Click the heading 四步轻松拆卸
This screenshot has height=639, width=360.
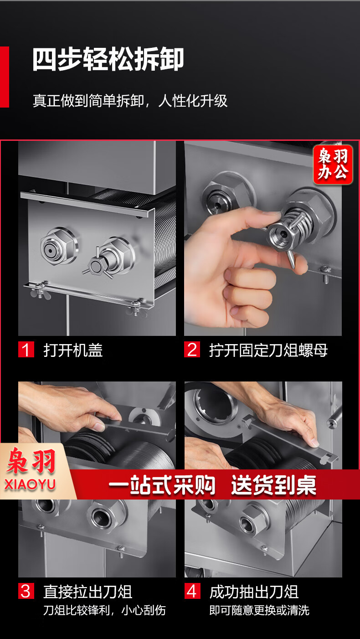108,59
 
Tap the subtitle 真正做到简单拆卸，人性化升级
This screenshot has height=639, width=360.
130,101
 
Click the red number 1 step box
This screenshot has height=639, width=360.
26,350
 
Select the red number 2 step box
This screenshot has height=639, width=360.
192,350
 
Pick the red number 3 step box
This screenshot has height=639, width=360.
26,591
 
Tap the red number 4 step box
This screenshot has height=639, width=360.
192,591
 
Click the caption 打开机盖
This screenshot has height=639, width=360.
73,350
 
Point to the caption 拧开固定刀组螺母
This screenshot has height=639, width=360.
268,350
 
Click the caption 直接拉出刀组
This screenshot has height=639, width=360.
87,592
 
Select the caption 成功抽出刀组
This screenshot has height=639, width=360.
254,592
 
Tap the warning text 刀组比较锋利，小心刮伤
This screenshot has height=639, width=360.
104,610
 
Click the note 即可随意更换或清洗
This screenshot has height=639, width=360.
259,610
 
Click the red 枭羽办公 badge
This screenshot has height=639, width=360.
333,165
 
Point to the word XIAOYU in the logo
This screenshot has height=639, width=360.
30,484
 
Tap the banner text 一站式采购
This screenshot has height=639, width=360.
162,484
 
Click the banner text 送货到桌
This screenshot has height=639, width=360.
274,484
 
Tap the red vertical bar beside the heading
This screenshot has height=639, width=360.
4,77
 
